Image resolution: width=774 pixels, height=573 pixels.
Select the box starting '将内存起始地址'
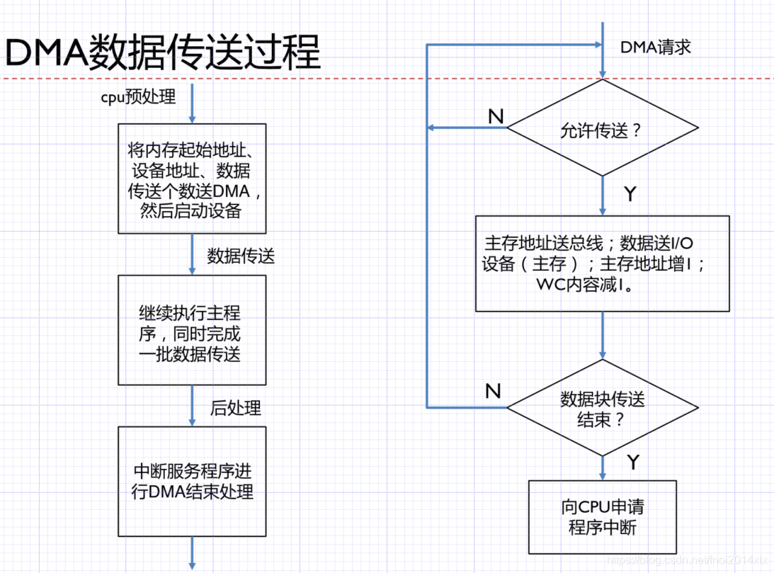pyautogui.click(x=192, y=179)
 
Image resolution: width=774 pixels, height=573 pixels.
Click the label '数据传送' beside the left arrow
pyautogui.click(x=241, y=256)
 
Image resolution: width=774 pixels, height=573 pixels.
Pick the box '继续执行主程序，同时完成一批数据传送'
pyautogui.click(x=192, y=331)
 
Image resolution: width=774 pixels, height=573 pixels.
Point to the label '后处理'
pyautogui.click(x=236, y=408)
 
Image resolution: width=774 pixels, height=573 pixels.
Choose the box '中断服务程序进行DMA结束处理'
pyautogui.click(x=192, y=482)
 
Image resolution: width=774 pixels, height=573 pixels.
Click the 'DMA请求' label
pyautogui.click(x=655, y=47)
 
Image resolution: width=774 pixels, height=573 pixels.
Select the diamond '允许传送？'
pyautogui.click(x=602, y=129)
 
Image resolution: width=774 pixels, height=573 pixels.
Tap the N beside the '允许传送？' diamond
pyautogui.click(x=496, y=117)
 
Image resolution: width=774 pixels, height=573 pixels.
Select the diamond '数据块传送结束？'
pyautogui.click(x=602, y=408)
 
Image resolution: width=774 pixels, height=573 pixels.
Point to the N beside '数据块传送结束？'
pyautogui.click(x=493, y=391)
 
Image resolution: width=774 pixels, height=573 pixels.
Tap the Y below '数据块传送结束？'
pyautogui.click(x=633, y=463)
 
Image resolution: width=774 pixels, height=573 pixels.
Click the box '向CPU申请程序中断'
pyautogui.click(x=602, y=518)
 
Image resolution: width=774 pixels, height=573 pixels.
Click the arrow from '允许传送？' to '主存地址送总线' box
pyautogui.click(x=603, y=196)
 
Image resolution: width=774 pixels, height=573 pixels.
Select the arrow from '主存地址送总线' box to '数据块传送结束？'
pyautogui.click(x=603, y=336)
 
